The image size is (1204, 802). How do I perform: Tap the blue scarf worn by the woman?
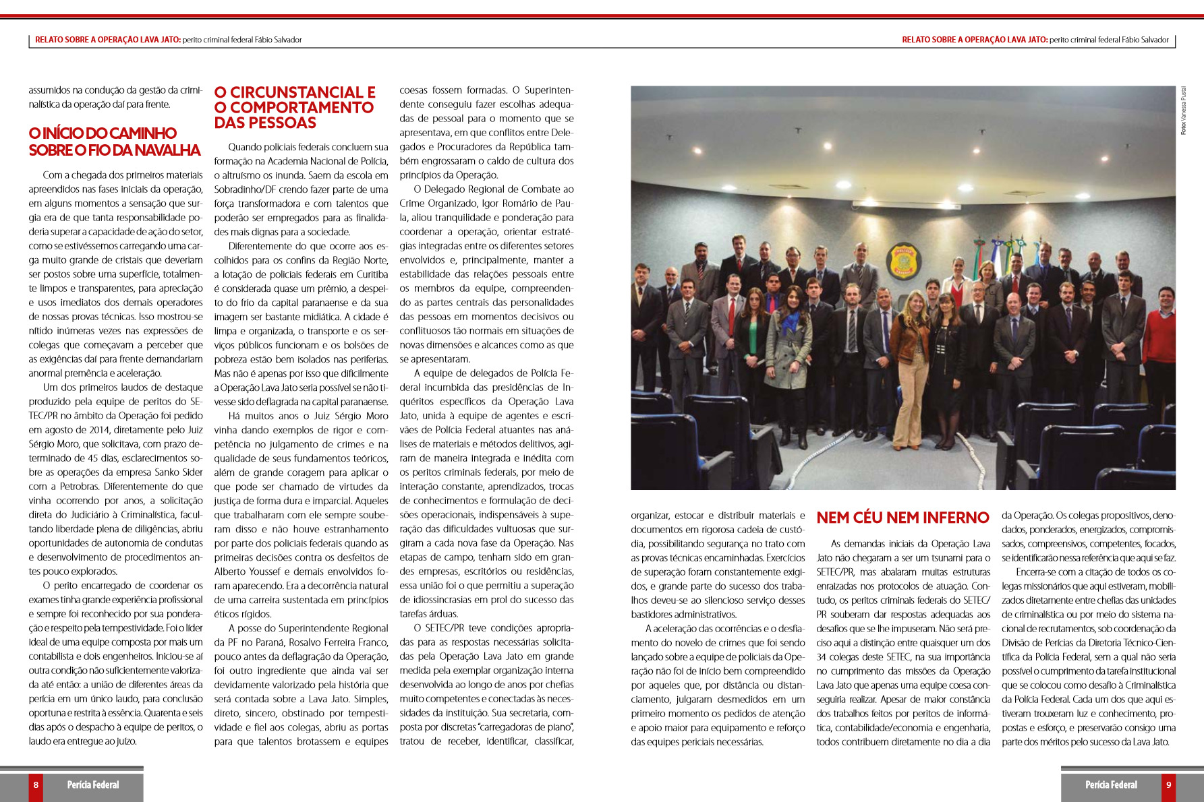(790, 319)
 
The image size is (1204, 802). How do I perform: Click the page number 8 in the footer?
(36, 784)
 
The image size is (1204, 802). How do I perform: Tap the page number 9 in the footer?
(1168, 784)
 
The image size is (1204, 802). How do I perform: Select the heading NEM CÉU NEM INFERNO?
(902, 518)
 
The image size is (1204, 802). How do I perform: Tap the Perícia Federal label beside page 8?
(93, 784)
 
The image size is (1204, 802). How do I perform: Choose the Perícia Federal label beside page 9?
(1111, 784)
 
